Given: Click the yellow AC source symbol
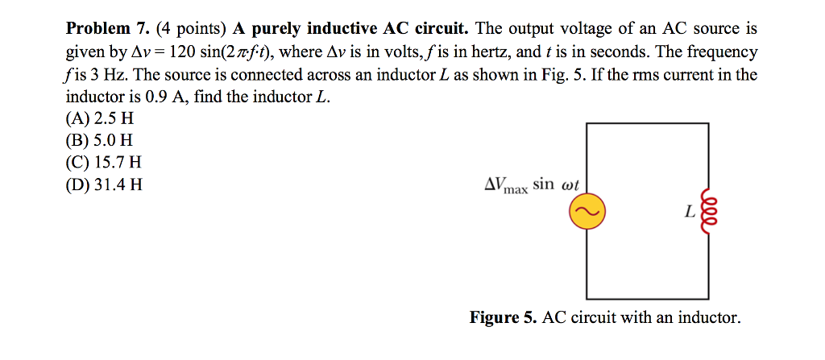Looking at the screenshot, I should [586, 212].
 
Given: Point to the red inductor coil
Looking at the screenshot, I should [710, 212].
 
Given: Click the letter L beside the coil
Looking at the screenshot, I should [689, 213].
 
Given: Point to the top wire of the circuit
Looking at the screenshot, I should [648, 124].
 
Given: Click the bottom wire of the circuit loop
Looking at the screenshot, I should [648, 298].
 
